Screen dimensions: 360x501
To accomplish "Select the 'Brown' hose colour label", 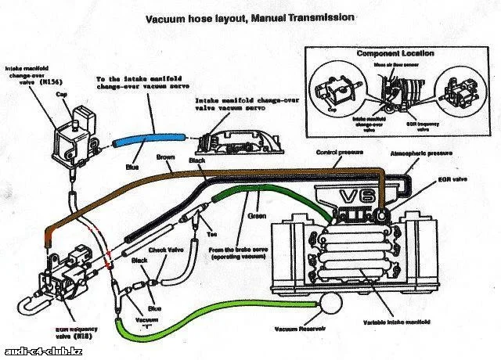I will (165, 157).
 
